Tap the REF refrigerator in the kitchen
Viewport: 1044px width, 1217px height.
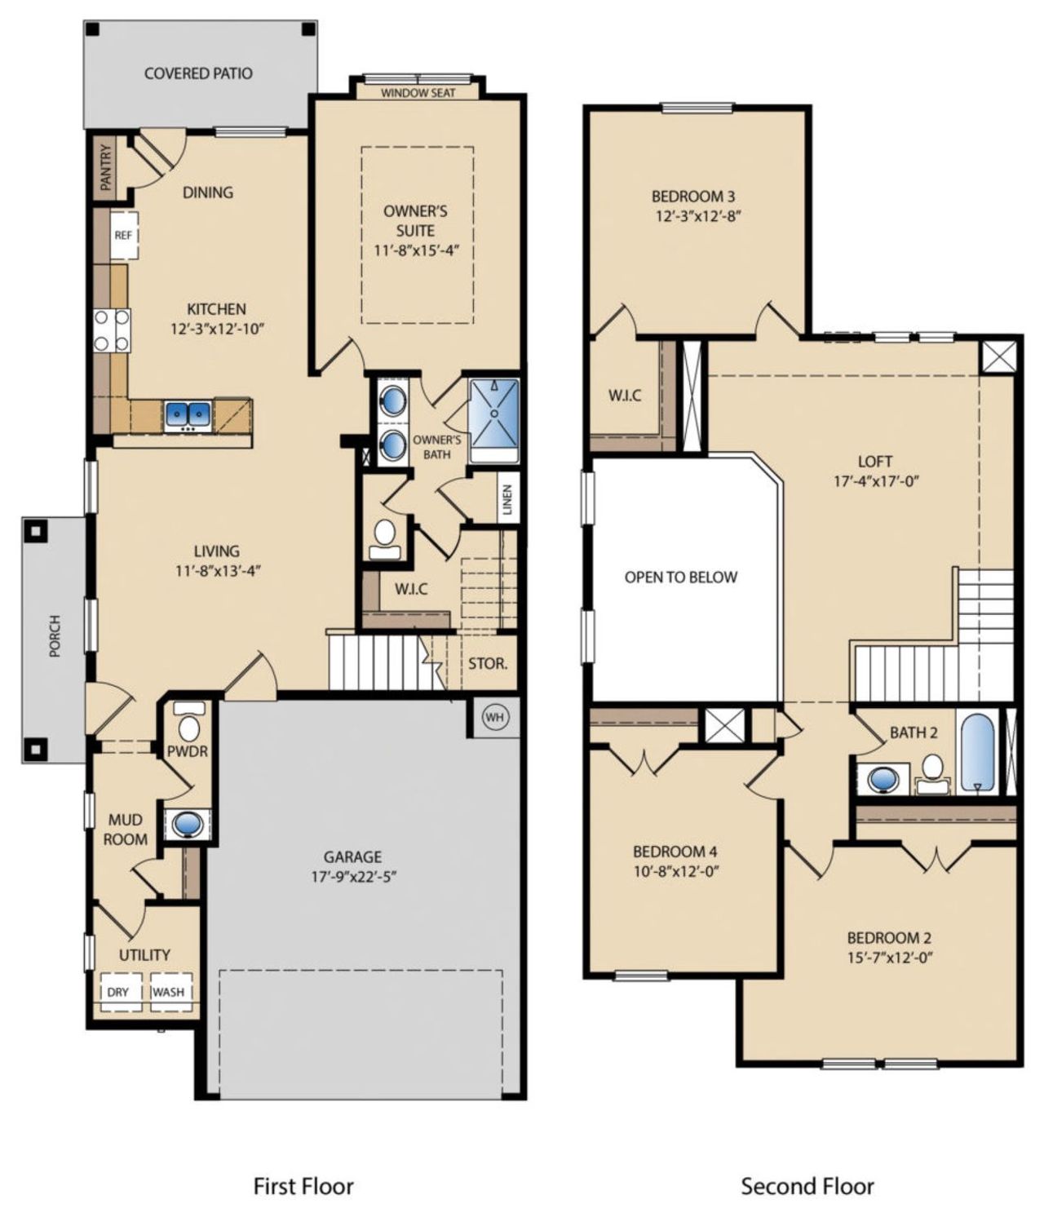tap(123, 235)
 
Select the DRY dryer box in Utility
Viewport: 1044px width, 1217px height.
tap(118, 993)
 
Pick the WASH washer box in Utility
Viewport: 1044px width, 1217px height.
tap(169, 993)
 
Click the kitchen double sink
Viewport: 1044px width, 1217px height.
tap(188, 416)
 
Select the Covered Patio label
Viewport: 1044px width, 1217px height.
tap(198, 73)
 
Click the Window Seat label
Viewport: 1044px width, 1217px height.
tap(418, 93)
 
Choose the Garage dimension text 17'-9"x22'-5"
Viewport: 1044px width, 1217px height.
tap(352, 878)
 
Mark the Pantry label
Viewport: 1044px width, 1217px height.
tap(105, 167)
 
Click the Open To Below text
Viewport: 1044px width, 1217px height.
tap(680, 578)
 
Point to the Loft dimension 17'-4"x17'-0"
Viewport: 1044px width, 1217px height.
tap(876, 481)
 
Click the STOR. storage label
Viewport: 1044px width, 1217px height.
tap(488, 663)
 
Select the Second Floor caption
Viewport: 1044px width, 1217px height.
tap(807, 1186)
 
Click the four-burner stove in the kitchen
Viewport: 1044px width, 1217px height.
tap(112, 330)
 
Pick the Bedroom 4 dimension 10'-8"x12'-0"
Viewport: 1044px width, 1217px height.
tap(675, 870)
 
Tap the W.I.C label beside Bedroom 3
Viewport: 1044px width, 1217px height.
tap(625, 396)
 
